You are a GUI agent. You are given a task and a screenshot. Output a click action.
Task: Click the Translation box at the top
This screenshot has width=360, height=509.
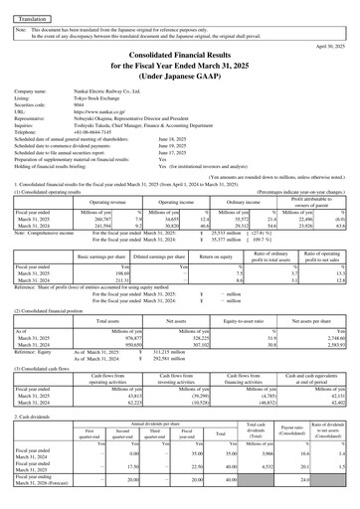tap(32, 18)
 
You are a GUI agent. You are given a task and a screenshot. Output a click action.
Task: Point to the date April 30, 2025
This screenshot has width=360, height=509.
tap(327, 46)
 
